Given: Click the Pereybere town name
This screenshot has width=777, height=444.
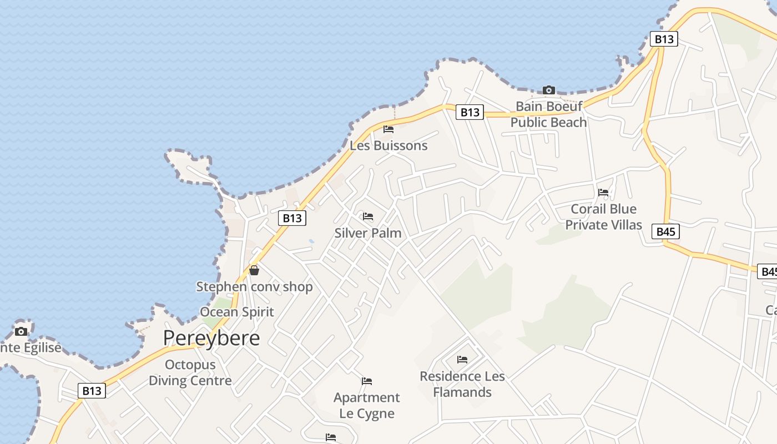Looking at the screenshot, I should [x=211, y=337].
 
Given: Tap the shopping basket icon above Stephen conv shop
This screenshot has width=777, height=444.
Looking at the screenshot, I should [x=254, y=270].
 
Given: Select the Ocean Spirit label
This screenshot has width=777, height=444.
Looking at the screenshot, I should [x=237, y=312].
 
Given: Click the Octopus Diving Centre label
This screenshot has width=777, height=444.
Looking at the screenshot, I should [x=190, y=372].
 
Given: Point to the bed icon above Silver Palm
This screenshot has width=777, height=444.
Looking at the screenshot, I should [x=368, y=216].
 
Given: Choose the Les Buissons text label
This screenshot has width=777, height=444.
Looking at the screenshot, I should [x=389, y=145].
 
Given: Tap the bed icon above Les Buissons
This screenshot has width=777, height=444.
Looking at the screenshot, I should [x=389, y=129].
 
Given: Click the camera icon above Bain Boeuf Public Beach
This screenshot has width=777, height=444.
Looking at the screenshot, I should [x=548, y=90].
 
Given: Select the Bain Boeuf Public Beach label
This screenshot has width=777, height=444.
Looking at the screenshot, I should [x=548, y=114].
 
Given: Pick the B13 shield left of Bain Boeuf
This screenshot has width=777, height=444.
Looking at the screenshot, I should [x=470, y=112].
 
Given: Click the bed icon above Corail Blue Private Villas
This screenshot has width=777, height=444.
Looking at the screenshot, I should [x=603, y=193].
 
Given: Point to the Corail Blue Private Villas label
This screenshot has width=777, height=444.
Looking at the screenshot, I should [x=603, y=217].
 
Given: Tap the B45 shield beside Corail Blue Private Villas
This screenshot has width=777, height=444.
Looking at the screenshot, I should [x=665, y=231].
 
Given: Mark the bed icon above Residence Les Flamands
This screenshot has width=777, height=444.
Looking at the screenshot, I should [x=462, y=360].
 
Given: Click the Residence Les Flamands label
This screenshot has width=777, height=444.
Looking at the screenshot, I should [x=462, y=384].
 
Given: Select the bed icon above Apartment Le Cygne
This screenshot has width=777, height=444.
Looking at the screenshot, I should [x=367, y=381].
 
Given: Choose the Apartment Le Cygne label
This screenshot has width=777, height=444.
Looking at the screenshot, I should [x=367, y=405].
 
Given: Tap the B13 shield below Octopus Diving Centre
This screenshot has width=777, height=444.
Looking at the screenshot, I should [x=92, y=391].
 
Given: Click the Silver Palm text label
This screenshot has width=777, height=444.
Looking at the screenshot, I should [x=368, y=233].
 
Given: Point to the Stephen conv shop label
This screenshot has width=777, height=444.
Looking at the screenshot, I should [x=254, y=287].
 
